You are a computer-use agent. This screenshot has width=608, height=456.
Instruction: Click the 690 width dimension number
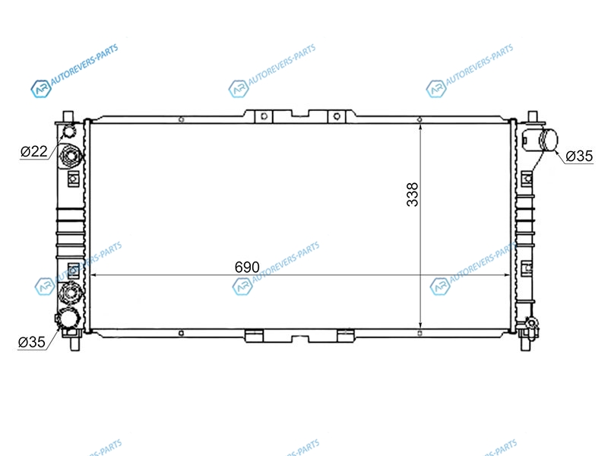pyautogui.click(x=247, y=267)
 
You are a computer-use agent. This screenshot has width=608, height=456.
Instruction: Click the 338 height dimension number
pyautogui.click(x=413, y=195)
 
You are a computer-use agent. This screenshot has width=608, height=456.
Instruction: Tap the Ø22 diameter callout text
pyautogui.click(x=33, y=151)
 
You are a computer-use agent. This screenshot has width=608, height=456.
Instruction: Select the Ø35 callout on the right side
pyautogui.click(x=579, y=156)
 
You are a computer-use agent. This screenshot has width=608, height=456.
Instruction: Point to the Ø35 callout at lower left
pyautogui.click(x=32, y=342)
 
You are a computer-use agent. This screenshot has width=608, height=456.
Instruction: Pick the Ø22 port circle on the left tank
pyautogui.click(x=69, y=131)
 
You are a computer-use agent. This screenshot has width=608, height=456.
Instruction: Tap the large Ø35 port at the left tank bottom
pyautogui.click(x=70, y=318)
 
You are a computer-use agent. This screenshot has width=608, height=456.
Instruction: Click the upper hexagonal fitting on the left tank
pyautogui.click(x=71, y=157)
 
